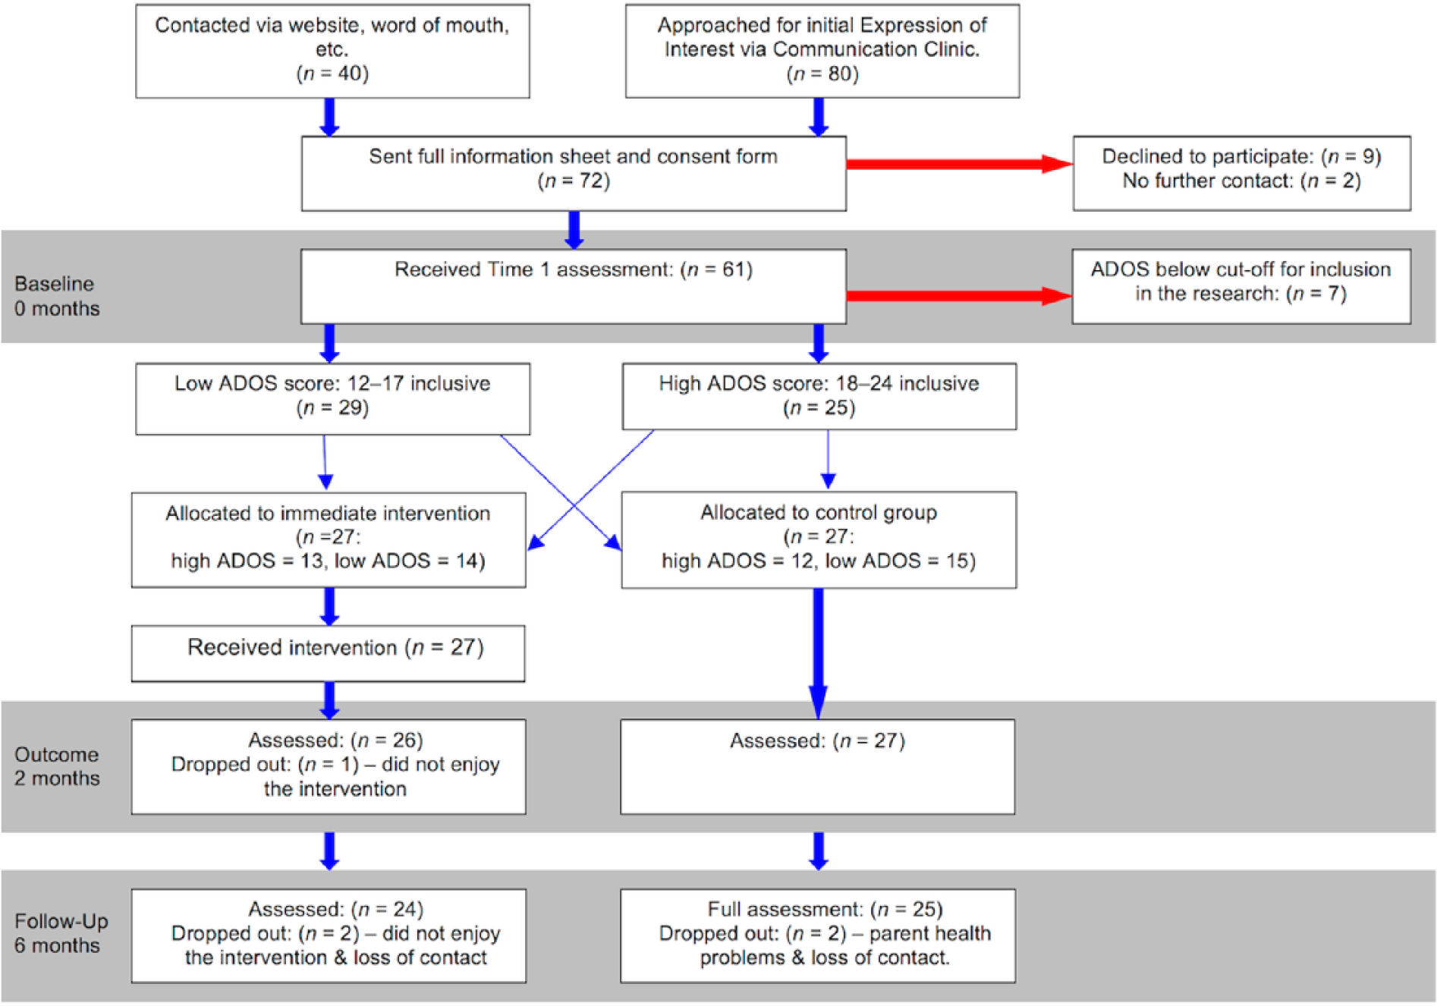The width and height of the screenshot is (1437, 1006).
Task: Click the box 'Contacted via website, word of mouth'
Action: coord(332,51)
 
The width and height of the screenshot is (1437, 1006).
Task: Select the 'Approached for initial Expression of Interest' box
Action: coord(822,51)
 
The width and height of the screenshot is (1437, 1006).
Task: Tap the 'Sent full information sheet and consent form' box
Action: coord(574,173)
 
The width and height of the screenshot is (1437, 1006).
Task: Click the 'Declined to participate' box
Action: coord(1242,173)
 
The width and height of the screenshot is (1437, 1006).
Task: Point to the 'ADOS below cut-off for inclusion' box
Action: coord(1241,287)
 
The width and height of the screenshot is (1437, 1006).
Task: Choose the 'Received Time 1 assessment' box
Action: coord(574,287)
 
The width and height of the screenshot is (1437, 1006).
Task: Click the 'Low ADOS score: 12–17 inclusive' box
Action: coord(332,399)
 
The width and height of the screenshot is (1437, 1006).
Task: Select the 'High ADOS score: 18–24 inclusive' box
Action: coord(819,397)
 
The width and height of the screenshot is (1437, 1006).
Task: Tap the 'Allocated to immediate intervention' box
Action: coord(329,540)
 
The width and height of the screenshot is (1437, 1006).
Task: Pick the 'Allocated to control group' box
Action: coord(819,540)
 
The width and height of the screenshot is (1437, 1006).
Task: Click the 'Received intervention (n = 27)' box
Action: coord(328,653)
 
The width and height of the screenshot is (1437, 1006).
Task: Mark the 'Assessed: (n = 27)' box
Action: coord(818,767)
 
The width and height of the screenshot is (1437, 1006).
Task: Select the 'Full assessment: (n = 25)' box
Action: coord(818,936)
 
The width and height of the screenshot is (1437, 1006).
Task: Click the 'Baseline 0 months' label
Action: coord(57,296)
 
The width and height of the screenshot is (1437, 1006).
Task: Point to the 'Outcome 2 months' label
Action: coord(57,766)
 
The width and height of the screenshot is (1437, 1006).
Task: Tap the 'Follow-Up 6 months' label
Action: coord(61,933)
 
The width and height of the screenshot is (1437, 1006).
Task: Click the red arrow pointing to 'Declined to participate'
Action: coord(960,164)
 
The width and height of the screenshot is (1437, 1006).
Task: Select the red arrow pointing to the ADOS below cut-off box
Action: coord(959,295)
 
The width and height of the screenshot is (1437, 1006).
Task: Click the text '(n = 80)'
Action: coord(822,74)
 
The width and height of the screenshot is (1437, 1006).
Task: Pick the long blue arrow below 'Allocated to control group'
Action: coord(818,654)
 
